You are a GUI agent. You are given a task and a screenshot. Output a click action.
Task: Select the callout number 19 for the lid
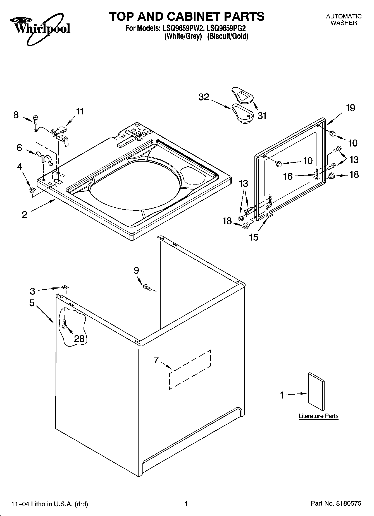[351, 108]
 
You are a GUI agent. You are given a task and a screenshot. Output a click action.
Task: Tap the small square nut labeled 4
[32, 190]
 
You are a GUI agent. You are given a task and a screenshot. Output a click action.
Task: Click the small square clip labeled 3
[65, 287]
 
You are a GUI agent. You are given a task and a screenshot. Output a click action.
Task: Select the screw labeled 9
[146, 287]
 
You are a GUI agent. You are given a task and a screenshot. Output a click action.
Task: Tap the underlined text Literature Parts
[318, 416]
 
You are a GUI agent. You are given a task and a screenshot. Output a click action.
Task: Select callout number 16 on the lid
[288, 176]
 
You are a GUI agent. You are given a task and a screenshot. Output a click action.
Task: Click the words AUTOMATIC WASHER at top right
[344, 20]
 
